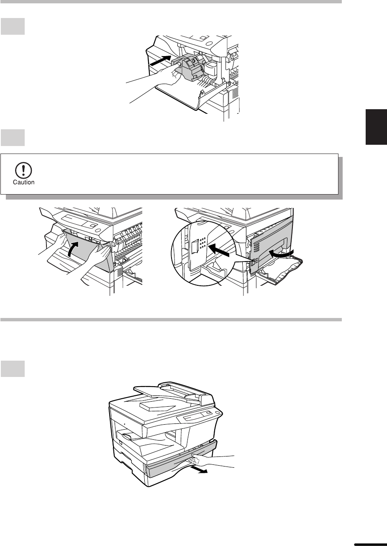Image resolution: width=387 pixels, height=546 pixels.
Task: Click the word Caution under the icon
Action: [24, 182]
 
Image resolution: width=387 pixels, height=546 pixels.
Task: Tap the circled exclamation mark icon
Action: [23, 170]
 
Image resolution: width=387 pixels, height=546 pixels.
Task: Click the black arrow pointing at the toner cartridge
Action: [160, 60]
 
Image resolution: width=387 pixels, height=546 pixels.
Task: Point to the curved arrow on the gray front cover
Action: [74, 249]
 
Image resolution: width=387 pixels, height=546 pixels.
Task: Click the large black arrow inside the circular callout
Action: [219, 250]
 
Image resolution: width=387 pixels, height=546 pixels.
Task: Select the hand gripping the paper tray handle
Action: [200, 460]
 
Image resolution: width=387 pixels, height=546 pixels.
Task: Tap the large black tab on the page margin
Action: [376, 127]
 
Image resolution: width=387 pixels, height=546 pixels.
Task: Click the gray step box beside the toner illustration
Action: [13, 26]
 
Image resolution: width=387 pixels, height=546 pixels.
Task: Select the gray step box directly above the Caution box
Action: [13, 138]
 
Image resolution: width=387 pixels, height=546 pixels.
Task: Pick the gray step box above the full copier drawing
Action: [13, 369]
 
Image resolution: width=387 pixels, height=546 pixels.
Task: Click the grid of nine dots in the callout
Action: [202, 243]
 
